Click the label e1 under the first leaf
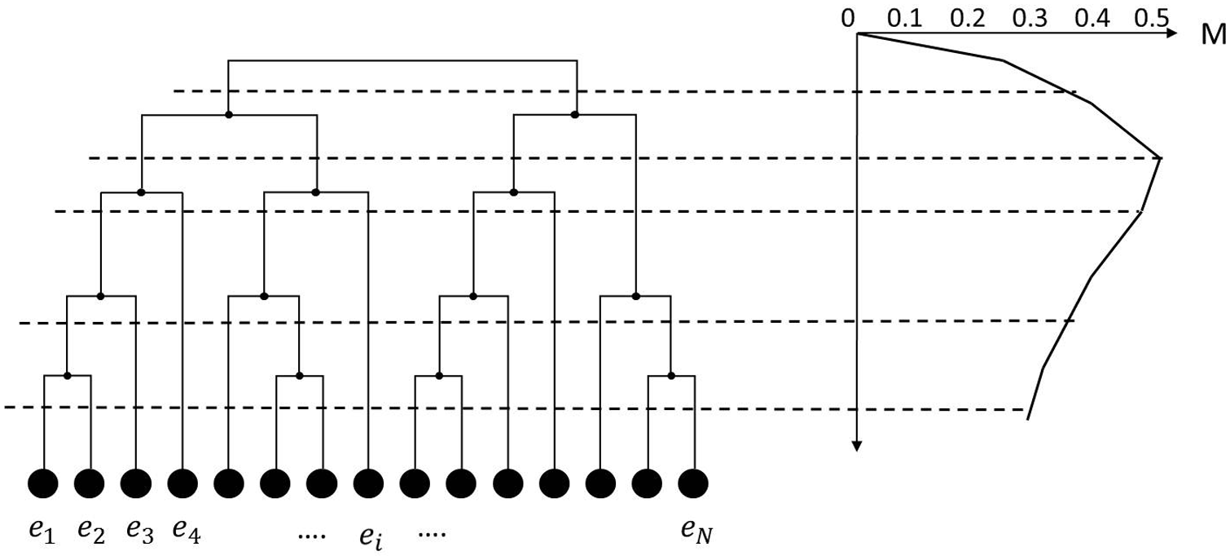click(x=42, y=532)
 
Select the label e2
click(x=91, y=532)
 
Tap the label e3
click(x=140, y=532)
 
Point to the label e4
click(x=187, y=532)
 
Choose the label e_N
click(x=696, y=532)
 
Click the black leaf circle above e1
click(x=43, y=483)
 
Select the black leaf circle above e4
click(x=182, y=483)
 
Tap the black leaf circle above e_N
click(x=693, y=483)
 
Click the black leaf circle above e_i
click(x=368, y=483)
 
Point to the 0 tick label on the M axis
click(x=848, y=19)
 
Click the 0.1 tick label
click(x=905, y=19)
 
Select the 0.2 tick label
click(x=968, y=19)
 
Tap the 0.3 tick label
click(x=1030, y=19)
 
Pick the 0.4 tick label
click(x=1092, y=19)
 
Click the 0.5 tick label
click(x=1152, y=19)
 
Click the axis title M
click(x=1215, y=34)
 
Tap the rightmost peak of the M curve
click(x=1160, y=158)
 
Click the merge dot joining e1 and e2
click(x=68, y=376)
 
